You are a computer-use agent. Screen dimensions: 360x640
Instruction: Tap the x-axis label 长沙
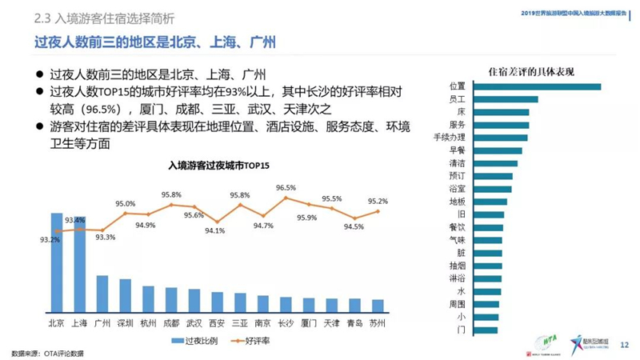(286, 323)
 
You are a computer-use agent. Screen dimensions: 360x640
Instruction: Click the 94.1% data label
(215, 231)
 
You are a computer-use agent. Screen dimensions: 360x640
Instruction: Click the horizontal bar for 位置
(532, 86)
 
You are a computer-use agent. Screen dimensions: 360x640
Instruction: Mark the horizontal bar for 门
(481, 330)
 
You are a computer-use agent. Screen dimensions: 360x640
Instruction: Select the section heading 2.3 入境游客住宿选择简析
(105, 17)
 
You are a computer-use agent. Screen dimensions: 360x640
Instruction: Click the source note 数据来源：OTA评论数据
(47, 353)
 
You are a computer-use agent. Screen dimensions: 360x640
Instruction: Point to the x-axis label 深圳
(125, 323)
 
